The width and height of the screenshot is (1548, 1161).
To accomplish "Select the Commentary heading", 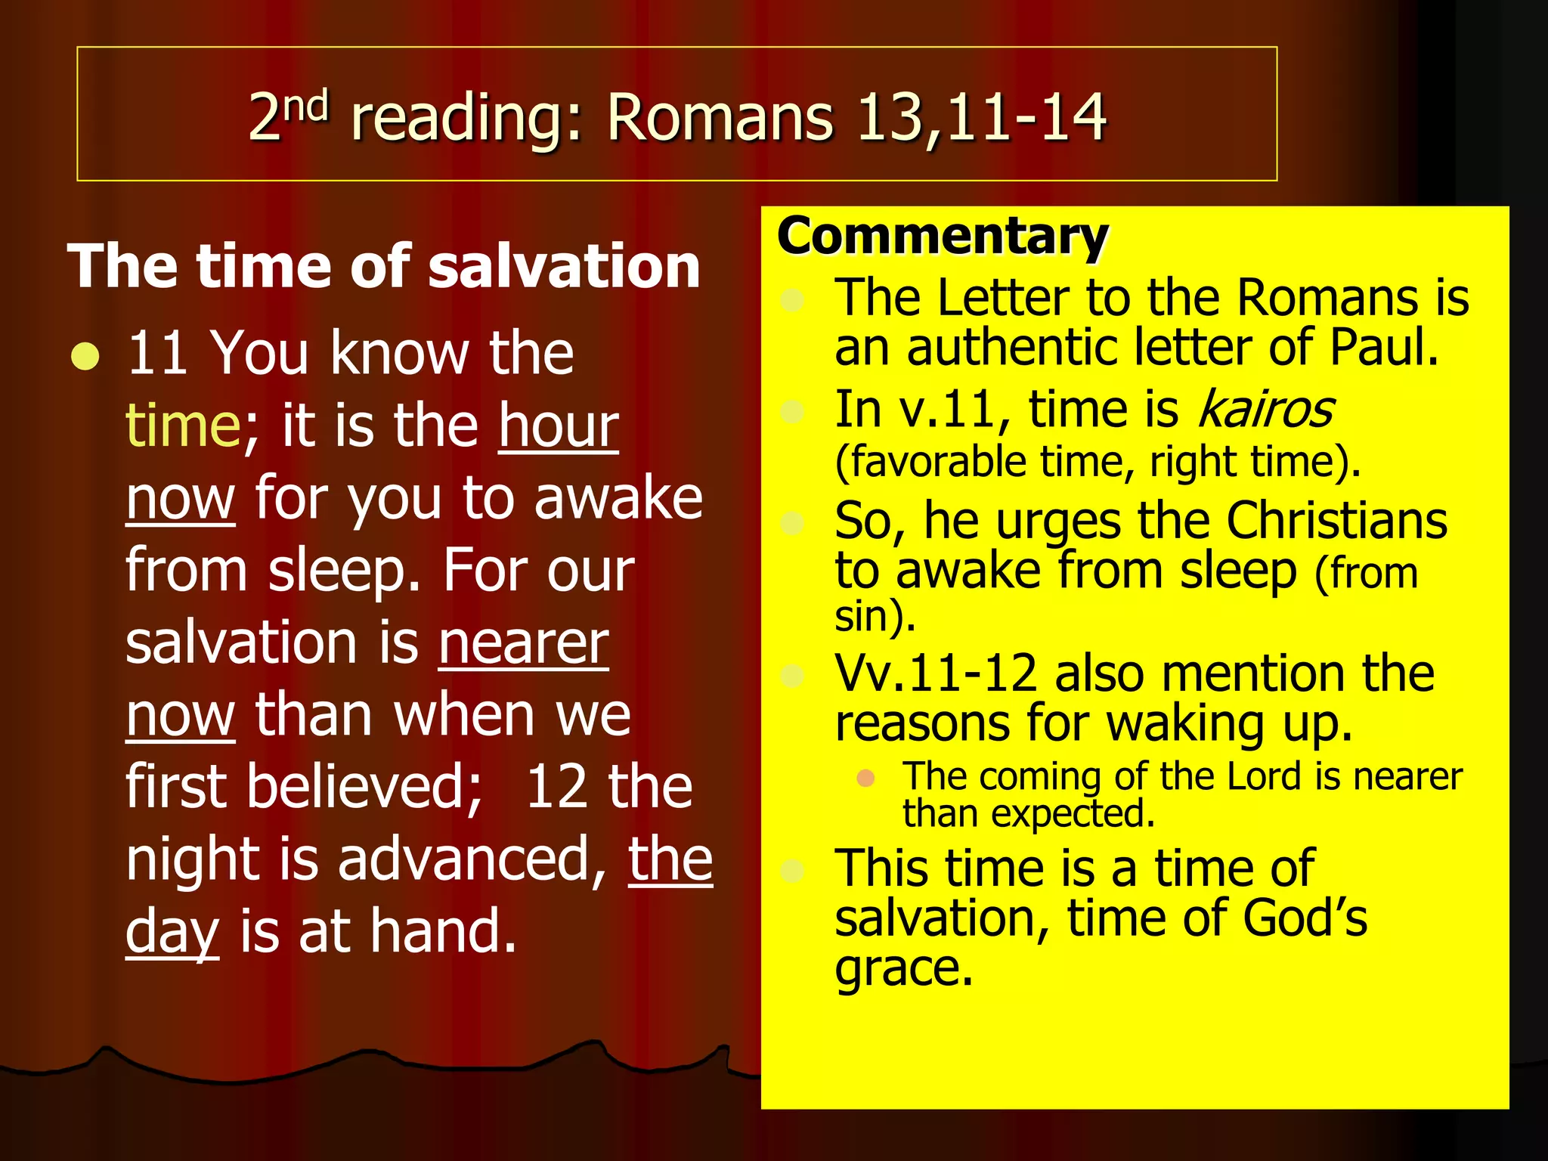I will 942,237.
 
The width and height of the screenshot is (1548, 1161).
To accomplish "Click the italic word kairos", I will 1265,410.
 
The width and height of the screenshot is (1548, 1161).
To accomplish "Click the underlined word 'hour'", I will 558,426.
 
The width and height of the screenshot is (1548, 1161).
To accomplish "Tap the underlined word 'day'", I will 172,932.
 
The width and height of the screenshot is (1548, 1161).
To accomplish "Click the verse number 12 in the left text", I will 556,787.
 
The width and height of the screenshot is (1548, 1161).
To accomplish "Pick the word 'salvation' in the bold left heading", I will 564,266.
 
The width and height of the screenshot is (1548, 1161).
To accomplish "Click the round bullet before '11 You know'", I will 85,356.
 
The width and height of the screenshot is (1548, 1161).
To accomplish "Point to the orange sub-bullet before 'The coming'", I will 866,778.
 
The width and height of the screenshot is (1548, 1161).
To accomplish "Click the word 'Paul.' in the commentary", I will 1383,348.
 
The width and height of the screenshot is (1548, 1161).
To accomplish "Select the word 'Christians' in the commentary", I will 1336,521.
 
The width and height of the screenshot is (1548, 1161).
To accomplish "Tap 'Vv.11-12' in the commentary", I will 936,673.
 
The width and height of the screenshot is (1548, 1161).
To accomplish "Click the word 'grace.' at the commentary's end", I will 903,968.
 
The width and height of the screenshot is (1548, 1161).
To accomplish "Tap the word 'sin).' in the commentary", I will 875,616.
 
